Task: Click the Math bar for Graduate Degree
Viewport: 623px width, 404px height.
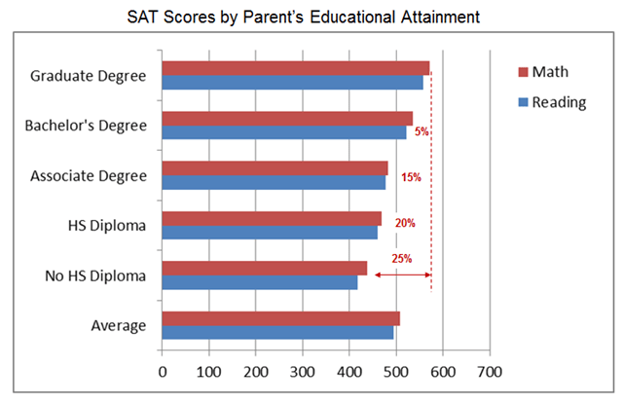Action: tap(296, 68)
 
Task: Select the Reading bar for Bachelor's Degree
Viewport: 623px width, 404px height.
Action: tap(284, 132)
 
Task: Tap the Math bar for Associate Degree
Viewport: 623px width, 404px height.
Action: tap(275, 168)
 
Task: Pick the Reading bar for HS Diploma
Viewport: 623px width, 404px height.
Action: tap(270, 233)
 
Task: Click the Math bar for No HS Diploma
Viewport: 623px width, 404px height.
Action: tap(265, 269)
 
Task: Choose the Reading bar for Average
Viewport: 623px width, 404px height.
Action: tap(277, 333)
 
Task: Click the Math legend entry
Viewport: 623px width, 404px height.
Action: tap(543, 72)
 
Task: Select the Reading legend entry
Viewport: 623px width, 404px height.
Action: tap(552, 102)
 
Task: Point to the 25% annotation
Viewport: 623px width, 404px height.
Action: tap(402, 259)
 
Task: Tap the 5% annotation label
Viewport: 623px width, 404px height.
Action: tap(421, 131)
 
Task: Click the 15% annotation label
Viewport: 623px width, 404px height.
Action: tap(411, 177)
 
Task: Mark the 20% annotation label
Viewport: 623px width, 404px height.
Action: tap(405, 223)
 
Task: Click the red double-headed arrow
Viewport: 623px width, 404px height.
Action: tap(402, 275)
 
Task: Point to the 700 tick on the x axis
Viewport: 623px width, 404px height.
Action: tap(490, 372)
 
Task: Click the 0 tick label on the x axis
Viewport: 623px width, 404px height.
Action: tap(163, 372)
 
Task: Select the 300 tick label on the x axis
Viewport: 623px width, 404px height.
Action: tap(303, 372)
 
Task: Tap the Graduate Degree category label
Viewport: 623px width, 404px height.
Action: tap(89, 76)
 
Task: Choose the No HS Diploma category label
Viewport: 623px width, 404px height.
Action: tap(95, 275)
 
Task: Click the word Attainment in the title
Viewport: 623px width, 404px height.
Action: tap(440, 18)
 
